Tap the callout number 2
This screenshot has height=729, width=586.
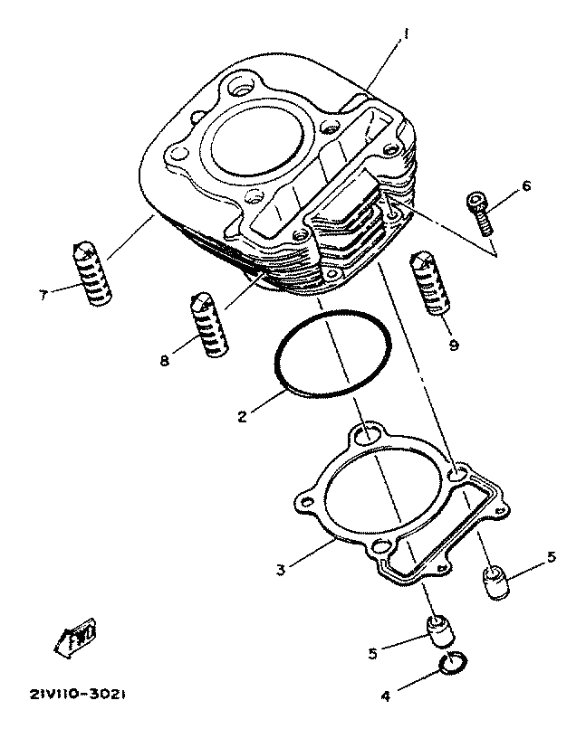pyautogui.click(x=242, y=417)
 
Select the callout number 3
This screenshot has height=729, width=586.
pyautogui.click(x=281, y=570)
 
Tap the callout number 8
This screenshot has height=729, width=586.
pyautogui.click(x=164, y=361)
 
